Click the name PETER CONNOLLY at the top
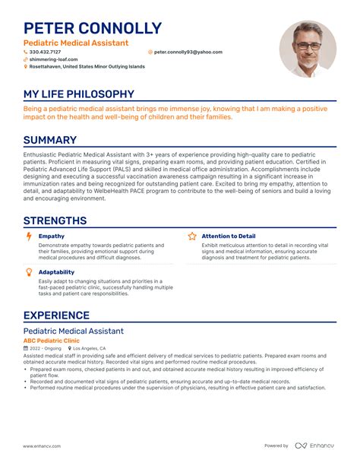93,29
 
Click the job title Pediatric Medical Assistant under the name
76,43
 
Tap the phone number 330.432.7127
46,52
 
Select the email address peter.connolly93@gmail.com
188,52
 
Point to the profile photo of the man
308,49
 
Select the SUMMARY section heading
50,140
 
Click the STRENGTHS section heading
55,221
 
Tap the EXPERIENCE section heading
57,315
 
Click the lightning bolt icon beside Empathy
29,236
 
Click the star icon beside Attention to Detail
192,236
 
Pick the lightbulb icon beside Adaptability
29,271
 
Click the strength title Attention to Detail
229,236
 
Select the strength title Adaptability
56,271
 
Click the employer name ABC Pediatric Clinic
52,341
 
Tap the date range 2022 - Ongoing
45,348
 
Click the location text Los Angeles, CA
90,348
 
